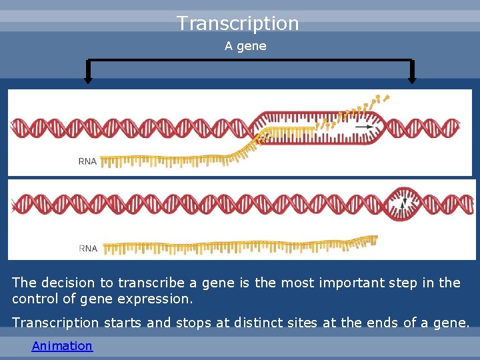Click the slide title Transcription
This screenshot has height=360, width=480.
(x=238, y=23)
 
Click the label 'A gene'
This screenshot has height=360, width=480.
(x=245, y=46)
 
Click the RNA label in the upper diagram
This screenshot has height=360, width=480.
(x=87, y=161)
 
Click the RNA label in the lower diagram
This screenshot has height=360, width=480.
(x=88, y=248)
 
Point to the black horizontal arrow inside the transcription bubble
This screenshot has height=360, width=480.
(x=364, y=126)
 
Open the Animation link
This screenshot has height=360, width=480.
(x=62, y=345)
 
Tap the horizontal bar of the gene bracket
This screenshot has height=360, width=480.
(x=250, y=61)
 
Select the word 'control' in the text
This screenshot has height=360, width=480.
(x=35, y=299)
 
